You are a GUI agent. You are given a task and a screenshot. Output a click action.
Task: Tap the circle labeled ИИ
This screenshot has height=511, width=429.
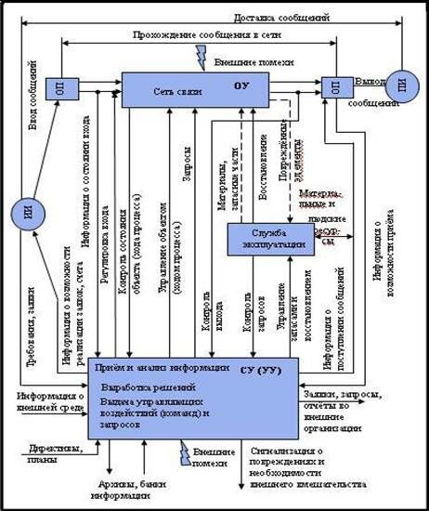coord(31,216)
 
